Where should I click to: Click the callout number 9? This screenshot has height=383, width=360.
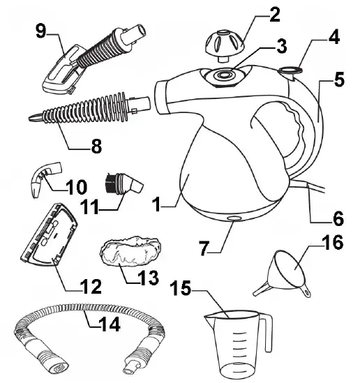[40, 31]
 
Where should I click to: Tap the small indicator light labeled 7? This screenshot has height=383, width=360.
[232, 220]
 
